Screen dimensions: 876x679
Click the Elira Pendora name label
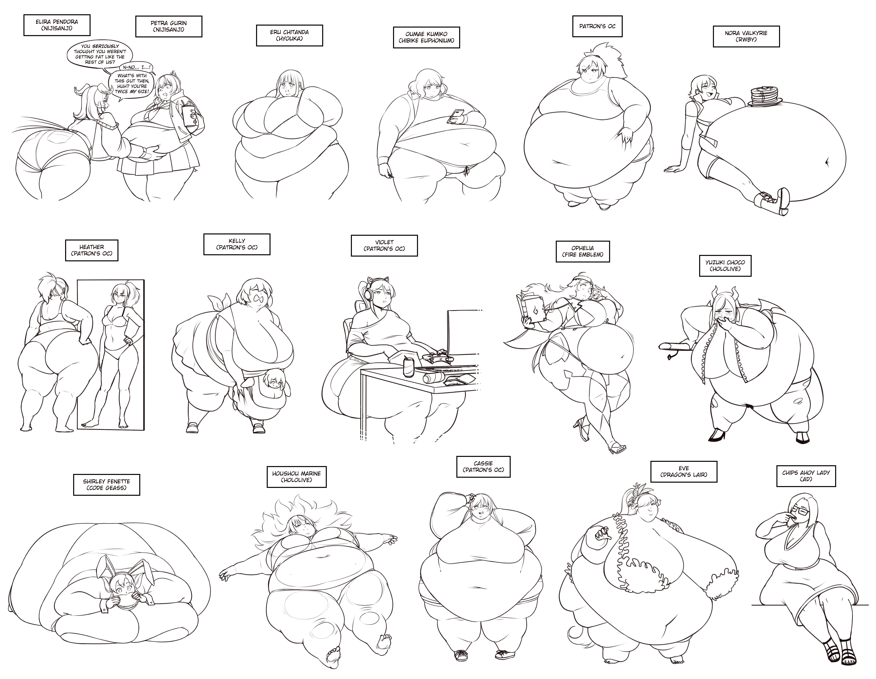[57, 25]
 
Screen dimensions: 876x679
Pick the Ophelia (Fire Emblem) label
[583, 251]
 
